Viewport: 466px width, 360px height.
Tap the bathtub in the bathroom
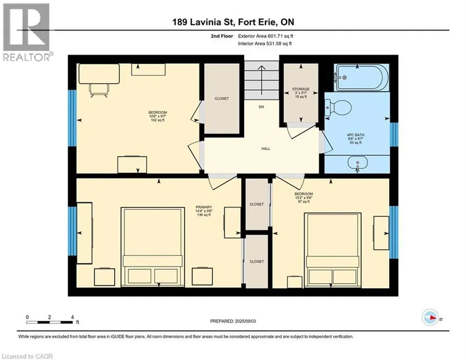point(362,77)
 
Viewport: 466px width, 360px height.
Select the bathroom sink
point(358,164)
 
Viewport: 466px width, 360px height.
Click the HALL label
point(265,149)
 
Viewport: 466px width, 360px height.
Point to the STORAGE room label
point(300,89)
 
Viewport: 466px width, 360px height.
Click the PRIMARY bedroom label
point(203,207)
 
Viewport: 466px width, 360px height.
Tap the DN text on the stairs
point(261,107)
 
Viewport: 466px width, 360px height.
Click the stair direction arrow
point(262,79)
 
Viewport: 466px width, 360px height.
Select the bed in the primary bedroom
point(153,247)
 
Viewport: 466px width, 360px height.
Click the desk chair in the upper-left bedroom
point(99,90)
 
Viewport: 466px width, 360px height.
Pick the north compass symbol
point(430,318)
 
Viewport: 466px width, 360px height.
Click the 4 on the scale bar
point(72,317)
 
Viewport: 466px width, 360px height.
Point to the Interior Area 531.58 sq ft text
point(265,44)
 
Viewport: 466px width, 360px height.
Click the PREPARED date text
point(233,321)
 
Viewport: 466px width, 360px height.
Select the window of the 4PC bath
point(394,135)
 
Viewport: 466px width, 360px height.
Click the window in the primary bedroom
point(72,231)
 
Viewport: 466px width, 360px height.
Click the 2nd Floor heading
point(222,36)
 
